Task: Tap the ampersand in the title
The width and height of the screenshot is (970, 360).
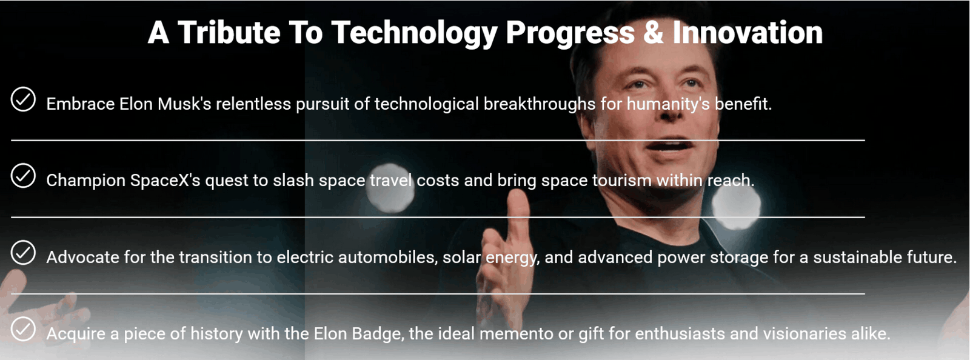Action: (x=654, y=33)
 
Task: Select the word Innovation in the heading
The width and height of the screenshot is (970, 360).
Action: (x=748, y=33)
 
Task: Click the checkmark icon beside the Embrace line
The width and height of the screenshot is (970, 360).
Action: (x=23, y=99)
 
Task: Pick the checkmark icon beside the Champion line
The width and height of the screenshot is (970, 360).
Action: (x=23, y=176)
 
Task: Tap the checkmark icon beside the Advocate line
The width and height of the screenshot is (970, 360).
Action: (x=23, y=253)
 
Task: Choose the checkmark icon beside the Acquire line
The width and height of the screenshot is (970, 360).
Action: (x=23, y=329)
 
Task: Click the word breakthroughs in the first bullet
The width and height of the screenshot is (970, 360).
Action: (x=540, y=104)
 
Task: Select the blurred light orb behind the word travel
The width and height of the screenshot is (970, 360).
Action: (x=391, y=188)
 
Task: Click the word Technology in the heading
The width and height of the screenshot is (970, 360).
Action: (x=414, y=33)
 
